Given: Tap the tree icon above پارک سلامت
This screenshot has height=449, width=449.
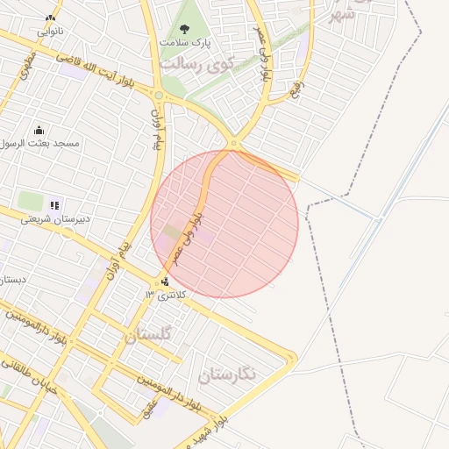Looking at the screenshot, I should [x=183, y=28].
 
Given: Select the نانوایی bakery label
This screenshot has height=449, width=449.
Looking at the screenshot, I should [x=49, y=31].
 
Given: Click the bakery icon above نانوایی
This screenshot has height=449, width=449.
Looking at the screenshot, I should [x=50, y=18].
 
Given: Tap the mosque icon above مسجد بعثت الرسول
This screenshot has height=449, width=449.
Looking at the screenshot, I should [x=39, y=129].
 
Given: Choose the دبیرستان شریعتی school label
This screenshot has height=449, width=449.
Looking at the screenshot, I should [x=53, y=218].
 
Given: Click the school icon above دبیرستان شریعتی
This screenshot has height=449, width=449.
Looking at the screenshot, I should [x=54, y=205].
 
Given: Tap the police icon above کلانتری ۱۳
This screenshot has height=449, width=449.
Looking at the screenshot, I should [x=165, y=282].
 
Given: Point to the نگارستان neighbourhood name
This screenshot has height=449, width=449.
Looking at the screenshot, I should [x=227, y=375].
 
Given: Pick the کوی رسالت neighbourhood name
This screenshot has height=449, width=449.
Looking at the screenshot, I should [x=194, y=66].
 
